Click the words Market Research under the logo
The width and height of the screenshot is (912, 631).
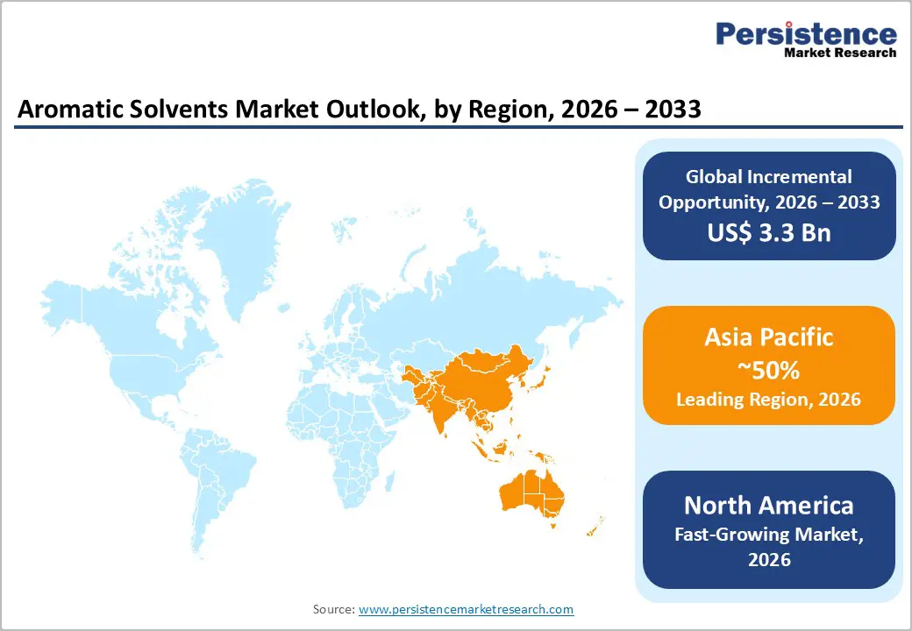(840, 53)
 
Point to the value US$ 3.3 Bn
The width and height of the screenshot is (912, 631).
(769, 232)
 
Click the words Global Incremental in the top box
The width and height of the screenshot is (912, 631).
(769, 177)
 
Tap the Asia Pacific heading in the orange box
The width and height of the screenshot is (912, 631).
(769, 337)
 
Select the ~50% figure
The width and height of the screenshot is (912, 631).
(769, 370)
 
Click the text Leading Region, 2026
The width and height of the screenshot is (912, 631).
(769, 400)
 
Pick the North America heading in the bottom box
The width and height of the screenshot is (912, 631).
(769, 505)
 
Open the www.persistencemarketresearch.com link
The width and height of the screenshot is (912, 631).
(466, 609)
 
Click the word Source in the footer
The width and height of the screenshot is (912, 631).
(333, 609)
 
